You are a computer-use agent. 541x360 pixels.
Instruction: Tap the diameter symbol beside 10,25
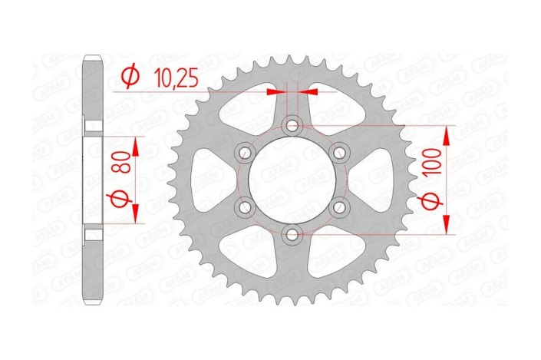[x=130, y=77]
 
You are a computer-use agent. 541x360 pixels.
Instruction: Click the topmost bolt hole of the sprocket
[x=292, y=125]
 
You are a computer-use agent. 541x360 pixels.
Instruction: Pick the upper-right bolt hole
[x=338, y=152]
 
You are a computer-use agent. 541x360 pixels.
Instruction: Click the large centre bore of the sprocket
[x=292, y=180]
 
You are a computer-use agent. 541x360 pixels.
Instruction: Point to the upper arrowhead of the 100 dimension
[x=447, y=134]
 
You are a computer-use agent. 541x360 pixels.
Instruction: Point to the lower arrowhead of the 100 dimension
[x=447, y=226]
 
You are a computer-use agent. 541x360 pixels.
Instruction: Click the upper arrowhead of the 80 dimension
[x=135, y=146]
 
